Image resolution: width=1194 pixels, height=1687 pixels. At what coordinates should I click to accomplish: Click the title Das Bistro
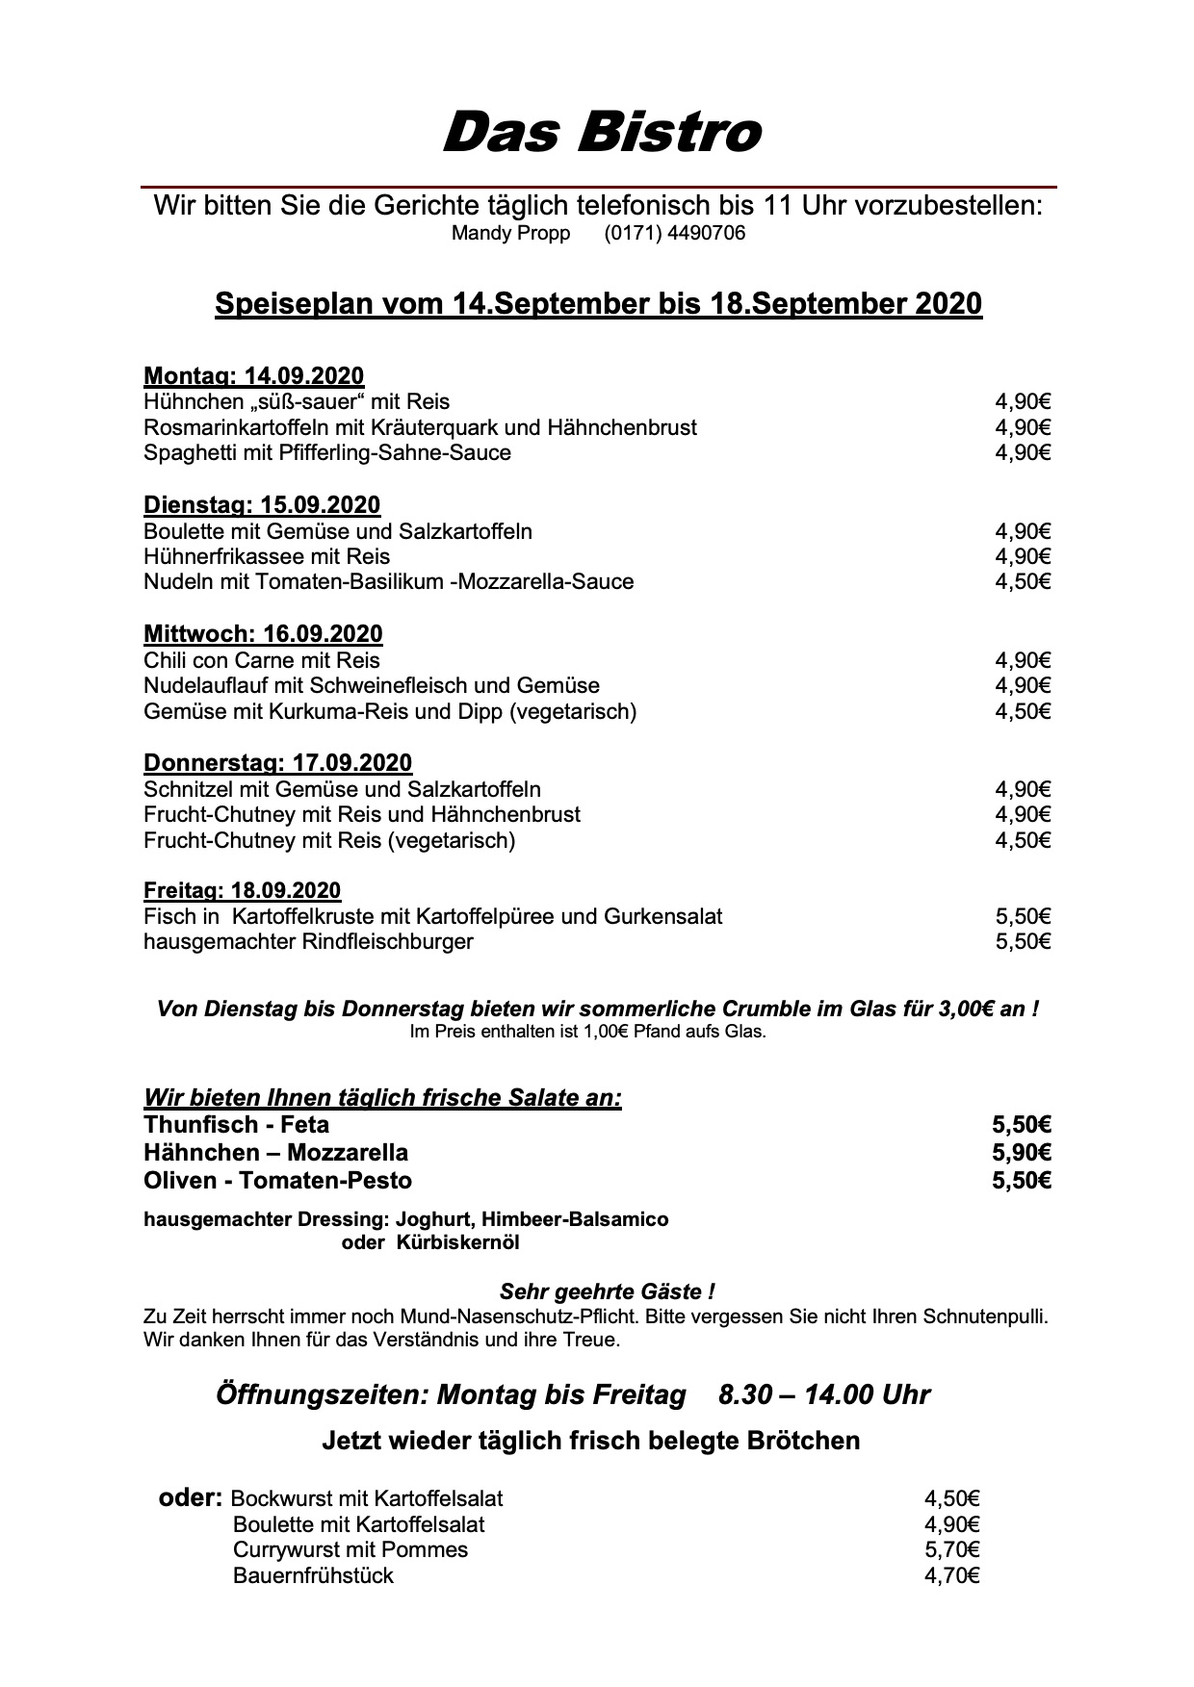[x=602, y=133]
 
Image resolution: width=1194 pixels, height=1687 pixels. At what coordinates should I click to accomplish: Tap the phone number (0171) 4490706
[x=674, y=234]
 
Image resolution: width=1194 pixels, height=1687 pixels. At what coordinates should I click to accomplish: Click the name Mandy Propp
[x=510, y=234]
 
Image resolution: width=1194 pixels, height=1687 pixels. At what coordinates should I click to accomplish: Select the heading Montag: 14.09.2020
[x=254, y=376]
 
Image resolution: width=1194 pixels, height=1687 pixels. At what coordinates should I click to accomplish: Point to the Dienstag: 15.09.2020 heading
[x=262, y=505]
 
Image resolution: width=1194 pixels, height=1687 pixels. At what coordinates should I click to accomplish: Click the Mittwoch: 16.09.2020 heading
[x=263, y=634]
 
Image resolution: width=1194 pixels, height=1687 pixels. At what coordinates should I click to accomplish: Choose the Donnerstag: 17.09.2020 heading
[x=277, y=763]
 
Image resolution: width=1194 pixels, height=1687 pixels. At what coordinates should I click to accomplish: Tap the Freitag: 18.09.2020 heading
[x=243, y=891]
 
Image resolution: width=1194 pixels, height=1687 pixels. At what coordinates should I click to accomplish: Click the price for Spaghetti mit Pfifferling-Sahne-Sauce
[x=1023, y=453]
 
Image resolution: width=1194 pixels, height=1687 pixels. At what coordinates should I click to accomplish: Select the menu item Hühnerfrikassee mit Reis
[x=267, y=556]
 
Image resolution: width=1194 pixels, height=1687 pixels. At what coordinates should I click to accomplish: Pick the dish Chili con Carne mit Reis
[x=262, y=660]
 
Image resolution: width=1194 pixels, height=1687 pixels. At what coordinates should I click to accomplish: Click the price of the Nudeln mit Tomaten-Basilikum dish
[x=1023, y=582]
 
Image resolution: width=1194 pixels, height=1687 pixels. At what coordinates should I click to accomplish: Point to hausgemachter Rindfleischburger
[x=308, y=941]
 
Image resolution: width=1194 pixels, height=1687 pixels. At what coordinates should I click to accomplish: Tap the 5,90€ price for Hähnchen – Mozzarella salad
[x=1021, y=1153]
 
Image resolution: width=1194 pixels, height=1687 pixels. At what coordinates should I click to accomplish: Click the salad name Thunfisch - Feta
[x=237, y=1125]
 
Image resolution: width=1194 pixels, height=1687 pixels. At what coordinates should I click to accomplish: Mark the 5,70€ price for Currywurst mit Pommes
[x=951, y=1550]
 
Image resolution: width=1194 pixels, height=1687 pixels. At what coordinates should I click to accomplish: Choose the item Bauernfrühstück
[x=313, y=1576]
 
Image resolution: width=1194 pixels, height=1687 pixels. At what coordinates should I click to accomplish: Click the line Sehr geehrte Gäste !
[x=607, y=1291]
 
